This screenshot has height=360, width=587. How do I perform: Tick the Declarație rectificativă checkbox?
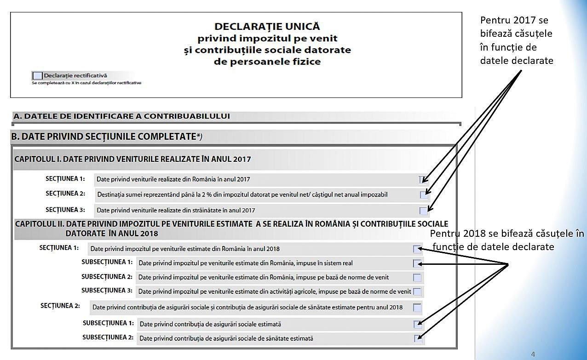tap(38, 76)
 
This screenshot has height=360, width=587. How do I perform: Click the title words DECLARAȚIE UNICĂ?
tap(267, 27)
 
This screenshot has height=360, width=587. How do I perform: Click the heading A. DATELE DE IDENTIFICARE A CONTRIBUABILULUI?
tap(121, 116)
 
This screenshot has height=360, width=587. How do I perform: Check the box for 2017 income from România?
tap(423, 179)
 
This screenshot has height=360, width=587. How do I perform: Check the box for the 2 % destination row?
tap(424, 195)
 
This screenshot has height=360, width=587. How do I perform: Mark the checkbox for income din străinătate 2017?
tap(423, 211)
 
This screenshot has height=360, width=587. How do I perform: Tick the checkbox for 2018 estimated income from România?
tap(417, 249)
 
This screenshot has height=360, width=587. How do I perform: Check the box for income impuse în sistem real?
tap(417, 263)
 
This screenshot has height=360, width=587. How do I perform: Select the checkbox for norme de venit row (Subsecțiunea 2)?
tap(417, 277)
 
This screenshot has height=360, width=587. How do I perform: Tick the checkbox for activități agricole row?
tap(417, 291)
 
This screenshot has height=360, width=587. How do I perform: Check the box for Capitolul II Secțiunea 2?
tap(417, 308)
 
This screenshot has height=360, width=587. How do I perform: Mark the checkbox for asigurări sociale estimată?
tap(417, 325)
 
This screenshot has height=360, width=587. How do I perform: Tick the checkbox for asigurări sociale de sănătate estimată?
tap(417, 339)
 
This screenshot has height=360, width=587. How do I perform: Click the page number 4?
tap(533, 354)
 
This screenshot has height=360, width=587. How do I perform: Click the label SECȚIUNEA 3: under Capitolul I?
tap(65, 210)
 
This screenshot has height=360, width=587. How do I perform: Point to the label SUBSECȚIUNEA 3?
tap(107, 291)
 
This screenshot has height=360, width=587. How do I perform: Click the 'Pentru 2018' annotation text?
tap(506, 240)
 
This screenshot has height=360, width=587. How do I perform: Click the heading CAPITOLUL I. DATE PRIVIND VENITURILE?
tap(132, 160)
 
